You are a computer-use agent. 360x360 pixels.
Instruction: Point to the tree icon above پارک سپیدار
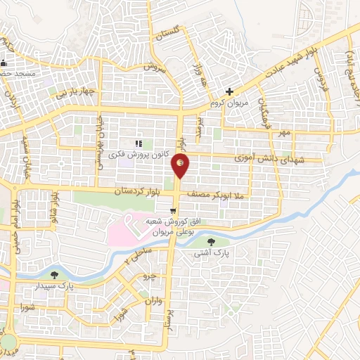click(x=55, y=274)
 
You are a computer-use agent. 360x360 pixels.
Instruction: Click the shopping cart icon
click(x=173, y=210)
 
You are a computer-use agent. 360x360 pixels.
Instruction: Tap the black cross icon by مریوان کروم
click(x=229, y=91)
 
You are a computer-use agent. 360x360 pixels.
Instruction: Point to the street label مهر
click(x=283, y=132)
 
